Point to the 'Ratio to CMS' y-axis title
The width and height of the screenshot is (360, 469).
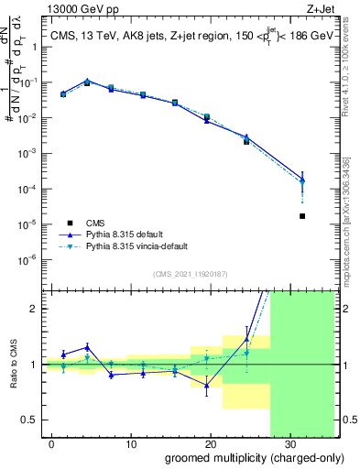pyautogui.click(x=13, y=365)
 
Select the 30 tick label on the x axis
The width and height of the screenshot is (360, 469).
pyautogui.click(x=289, y=442)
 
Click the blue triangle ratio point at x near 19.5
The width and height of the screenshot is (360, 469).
pyautogui.click(x=207, y=386)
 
